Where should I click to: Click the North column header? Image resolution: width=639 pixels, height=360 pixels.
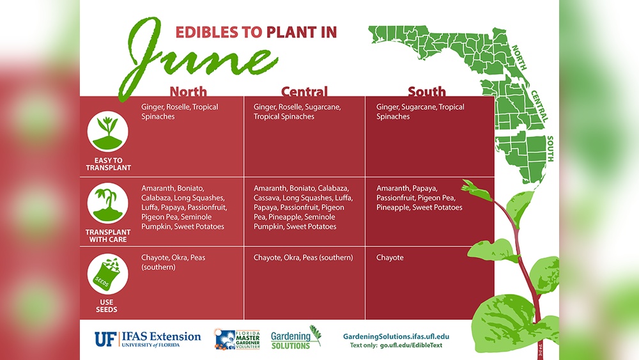(x=188, y=91)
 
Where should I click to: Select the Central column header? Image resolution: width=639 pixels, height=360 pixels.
(x=304, y=91)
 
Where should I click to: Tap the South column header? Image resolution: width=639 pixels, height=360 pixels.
(x=426, y=91)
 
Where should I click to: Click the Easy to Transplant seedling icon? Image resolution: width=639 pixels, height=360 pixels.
(x=108, y=130)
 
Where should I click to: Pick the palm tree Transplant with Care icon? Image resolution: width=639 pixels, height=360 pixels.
(x=108, y=203)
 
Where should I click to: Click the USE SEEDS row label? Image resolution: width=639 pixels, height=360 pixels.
(x=107, y=306)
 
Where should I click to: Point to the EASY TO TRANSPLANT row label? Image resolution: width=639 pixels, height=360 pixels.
(x=108, y=164)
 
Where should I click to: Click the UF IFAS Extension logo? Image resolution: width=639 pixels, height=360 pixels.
(x=148, y=338)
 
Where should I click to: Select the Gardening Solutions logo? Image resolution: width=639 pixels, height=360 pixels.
(x=295, y=338)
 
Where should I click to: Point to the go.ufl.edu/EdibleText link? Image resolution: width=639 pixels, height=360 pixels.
(x=410, y=346)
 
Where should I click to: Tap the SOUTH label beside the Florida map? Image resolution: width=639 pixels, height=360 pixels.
(x=550, y=148)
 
